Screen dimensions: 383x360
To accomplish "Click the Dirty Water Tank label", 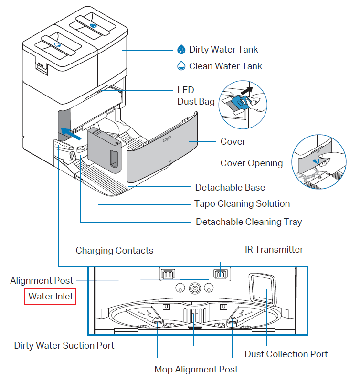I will (x=223, y=50).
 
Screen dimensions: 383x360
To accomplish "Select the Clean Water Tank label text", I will (x=225, y=66).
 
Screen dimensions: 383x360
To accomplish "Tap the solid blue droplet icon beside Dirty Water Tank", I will (x=181, y=50).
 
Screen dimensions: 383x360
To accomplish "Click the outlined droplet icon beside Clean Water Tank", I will (x=181, y=66).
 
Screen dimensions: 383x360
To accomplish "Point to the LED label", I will (x=185, y=90).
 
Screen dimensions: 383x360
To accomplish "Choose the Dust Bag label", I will (x=196, y=102).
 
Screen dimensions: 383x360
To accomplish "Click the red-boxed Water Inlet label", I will (x=51, y=297).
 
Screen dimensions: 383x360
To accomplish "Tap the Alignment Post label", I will (x=42, y=281).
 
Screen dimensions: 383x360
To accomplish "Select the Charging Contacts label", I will (x=115, y=251).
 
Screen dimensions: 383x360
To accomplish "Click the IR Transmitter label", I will (x=274, y=250).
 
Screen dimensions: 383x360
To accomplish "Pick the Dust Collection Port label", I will (x=286, y=354).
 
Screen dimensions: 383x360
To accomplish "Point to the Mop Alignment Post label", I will (x=196, y=369).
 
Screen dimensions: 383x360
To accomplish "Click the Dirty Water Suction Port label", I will (x=64, y=345).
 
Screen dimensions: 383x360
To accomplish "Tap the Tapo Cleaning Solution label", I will (x=242, y=204).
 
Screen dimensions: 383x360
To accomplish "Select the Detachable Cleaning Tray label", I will (x=249, y=222).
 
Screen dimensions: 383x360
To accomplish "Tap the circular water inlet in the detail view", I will (x=194, y=288).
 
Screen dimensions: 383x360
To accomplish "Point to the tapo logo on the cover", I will (x=167, y=140).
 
